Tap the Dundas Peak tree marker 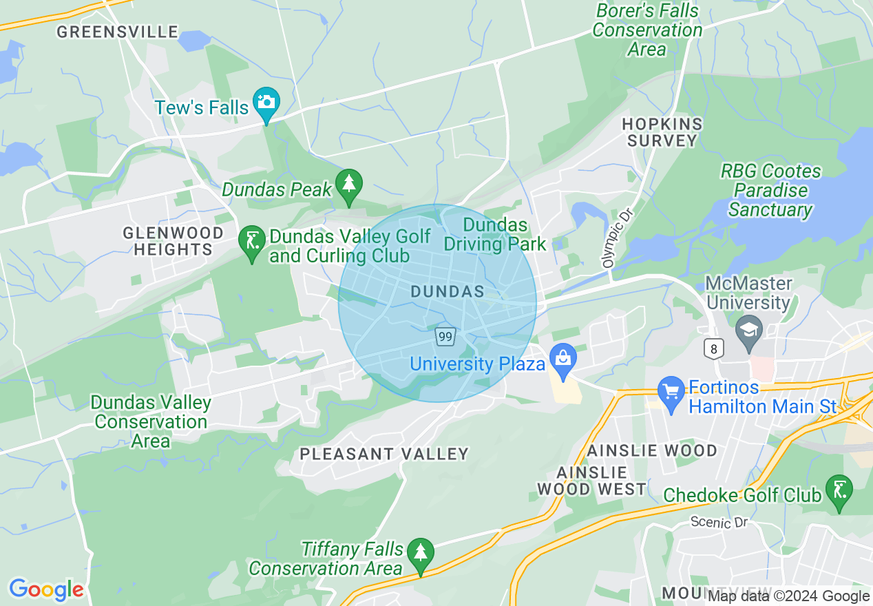[x=349, y=185]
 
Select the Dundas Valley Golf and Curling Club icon [x=252, y=242]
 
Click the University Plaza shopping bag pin [x=563, y=359]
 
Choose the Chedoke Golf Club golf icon [x=839, y=490]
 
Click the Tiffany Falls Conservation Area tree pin [x=420, y=553]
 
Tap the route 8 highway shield [x=714, y=349]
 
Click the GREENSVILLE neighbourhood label [x=118, y=32]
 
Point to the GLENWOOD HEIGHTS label [x=173, y=241]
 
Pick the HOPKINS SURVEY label [x=662, y=132]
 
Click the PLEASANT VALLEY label [x=384, y=454]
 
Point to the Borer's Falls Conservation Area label [x=647, y=30]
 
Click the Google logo [x=46, y=589]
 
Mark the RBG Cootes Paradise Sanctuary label [x=770, y=190]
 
